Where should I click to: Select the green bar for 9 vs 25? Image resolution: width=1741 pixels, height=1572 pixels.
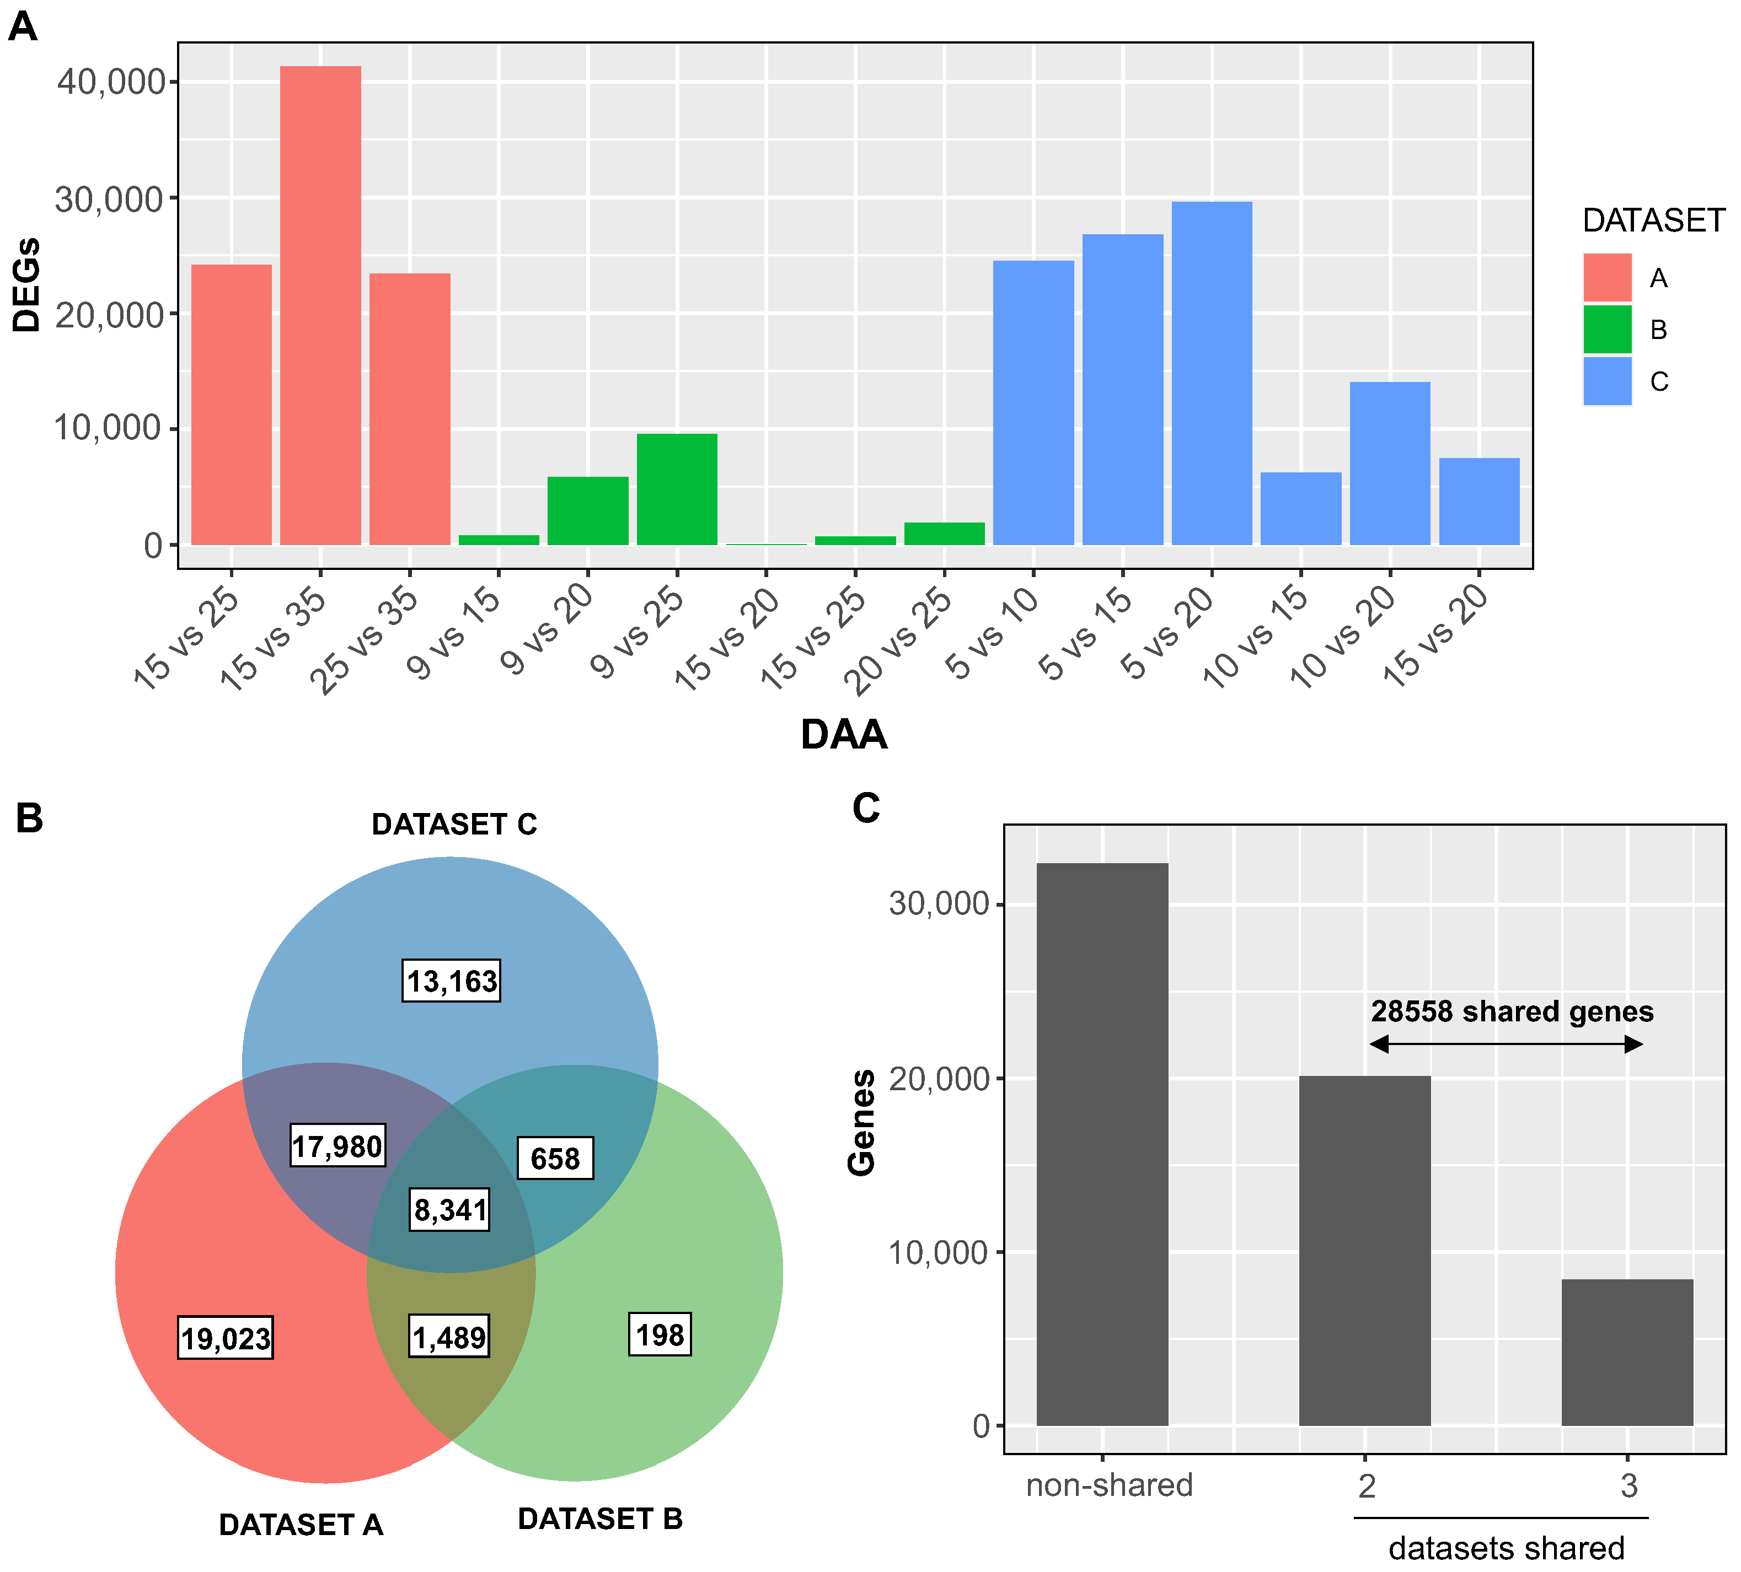[677, 489]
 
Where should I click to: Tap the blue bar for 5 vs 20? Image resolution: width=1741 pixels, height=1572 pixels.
[1212, 373]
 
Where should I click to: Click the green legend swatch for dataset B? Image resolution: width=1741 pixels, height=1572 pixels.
[1607, 330]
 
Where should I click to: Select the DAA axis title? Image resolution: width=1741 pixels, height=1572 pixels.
[844, 735]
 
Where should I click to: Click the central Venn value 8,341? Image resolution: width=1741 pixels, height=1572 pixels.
[450, 1209]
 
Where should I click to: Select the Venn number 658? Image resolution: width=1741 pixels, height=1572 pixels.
[555, 1158]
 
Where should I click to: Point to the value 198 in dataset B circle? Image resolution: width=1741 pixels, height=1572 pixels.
[660, 1334]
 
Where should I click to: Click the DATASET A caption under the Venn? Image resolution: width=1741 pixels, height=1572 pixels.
[301, 1525]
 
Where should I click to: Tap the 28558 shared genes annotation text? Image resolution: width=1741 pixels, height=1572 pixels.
[1511, 1011]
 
